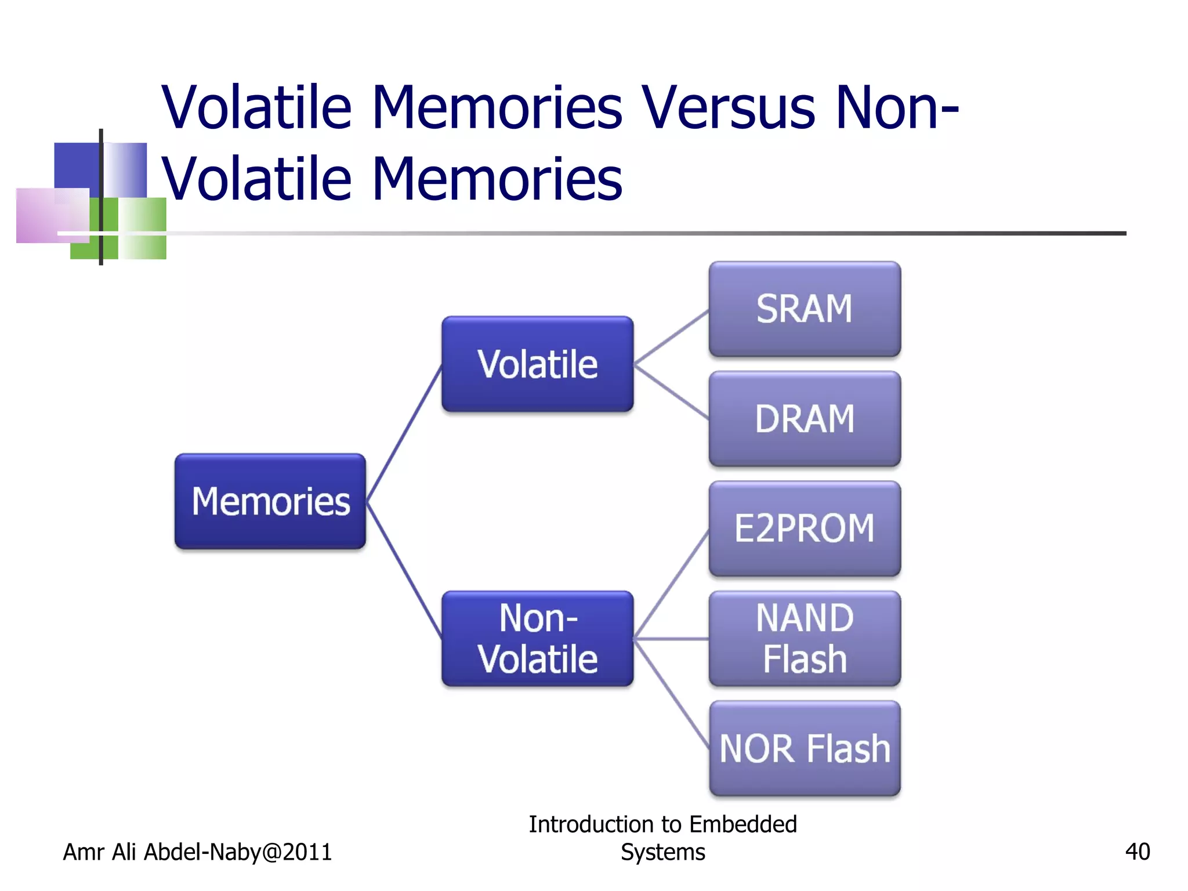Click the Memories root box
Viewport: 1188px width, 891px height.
(x=270, y=501)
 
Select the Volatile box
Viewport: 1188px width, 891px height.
(x=537, y=364)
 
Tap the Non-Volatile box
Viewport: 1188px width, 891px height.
(x=537, y=639)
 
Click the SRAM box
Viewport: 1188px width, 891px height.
(x=805, y=309)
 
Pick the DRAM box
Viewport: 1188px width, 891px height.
(x=805, y=419)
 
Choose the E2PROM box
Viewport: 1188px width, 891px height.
(x=805, y=528)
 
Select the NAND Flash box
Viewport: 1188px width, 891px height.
(x=805, y=639)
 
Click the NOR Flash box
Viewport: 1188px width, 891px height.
(x=805, y=748)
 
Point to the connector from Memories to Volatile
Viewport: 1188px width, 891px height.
(x=404, y=433)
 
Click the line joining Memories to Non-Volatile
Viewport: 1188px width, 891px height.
(x=404, y=570)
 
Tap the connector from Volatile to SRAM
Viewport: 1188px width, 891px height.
(x=671, y=337)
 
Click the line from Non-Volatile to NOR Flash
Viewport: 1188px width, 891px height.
(x=671, y=693)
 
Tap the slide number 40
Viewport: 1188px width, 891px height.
(x=1137, y=852)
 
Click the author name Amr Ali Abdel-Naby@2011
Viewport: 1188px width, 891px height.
(x=197, y=852)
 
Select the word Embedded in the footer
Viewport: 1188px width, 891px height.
(x=743, y=824)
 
